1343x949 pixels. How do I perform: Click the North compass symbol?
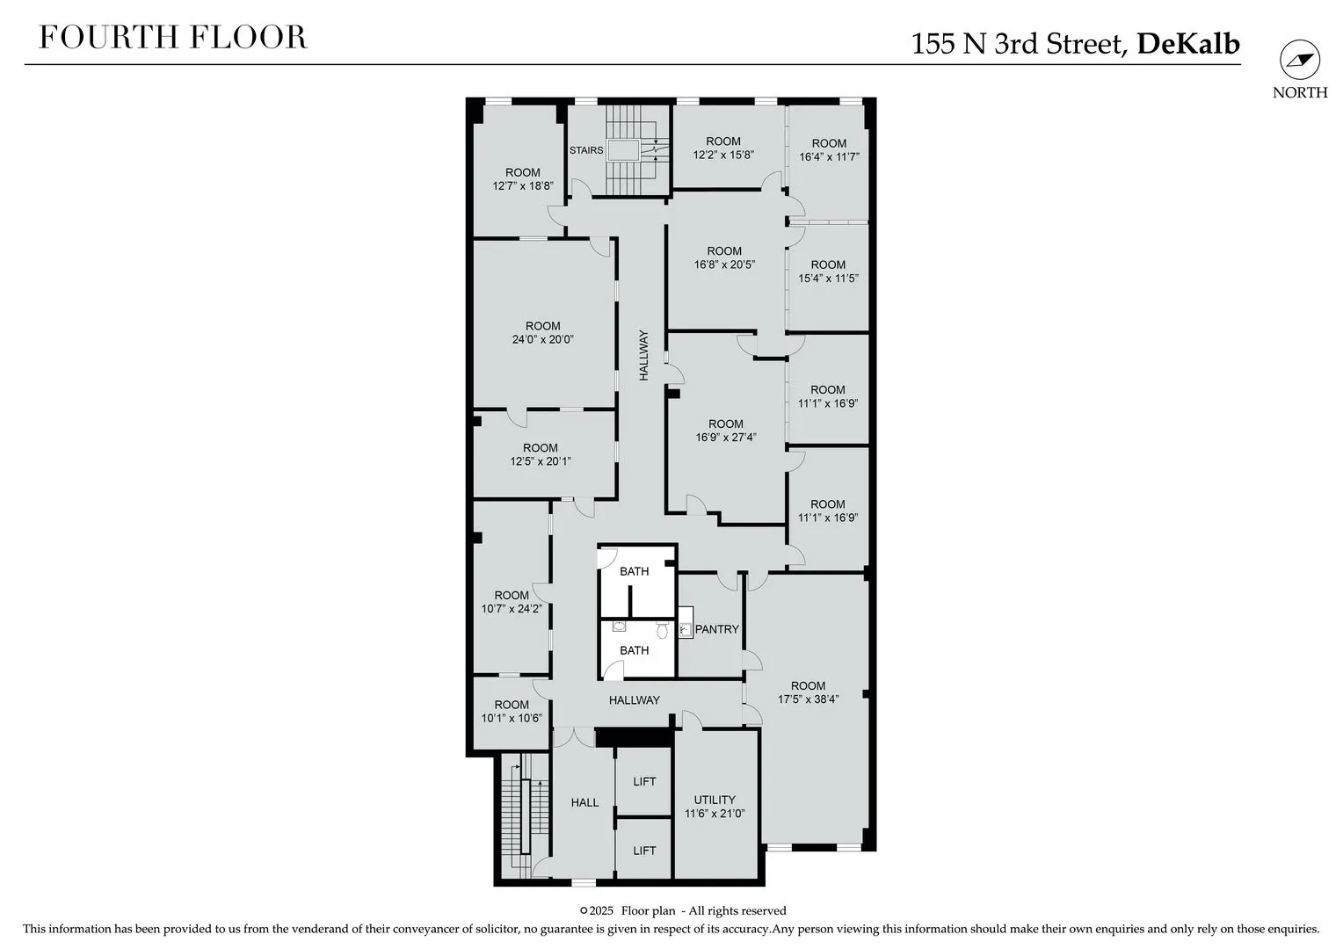(x=1300, y=60)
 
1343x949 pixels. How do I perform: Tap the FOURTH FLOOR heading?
(x=172, y=37)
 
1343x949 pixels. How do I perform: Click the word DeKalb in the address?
(x=1188, y=44)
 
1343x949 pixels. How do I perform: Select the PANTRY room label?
(x=716, y=629)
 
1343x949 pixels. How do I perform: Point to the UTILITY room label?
(x=714, y=800)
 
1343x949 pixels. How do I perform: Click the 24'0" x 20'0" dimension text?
(x=542, y=339)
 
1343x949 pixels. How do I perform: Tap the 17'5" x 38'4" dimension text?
(x=809, y=699)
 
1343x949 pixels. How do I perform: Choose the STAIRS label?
(x=586, y=150)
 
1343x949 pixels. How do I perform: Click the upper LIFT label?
(x=644, y=782)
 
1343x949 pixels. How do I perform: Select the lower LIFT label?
(x=644, y=851)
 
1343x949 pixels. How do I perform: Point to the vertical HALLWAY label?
(x=644, y=355)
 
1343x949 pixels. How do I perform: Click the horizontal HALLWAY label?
(x=635, y=699)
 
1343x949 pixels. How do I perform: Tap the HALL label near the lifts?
(x=584, y=803)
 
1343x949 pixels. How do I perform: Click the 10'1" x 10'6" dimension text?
(x=512, y=718)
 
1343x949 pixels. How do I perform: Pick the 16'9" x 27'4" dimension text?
(x=725, y=437)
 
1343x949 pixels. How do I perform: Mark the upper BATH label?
(x=635, y=571)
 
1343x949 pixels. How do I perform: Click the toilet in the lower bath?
(x=662, y=630)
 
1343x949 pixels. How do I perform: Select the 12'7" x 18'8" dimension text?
(x=523, y=185)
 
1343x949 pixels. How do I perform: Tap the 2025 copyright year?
(x=601, y=911)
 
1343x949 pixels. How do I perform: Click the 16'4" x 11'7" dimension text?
(x=829, y=157)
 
